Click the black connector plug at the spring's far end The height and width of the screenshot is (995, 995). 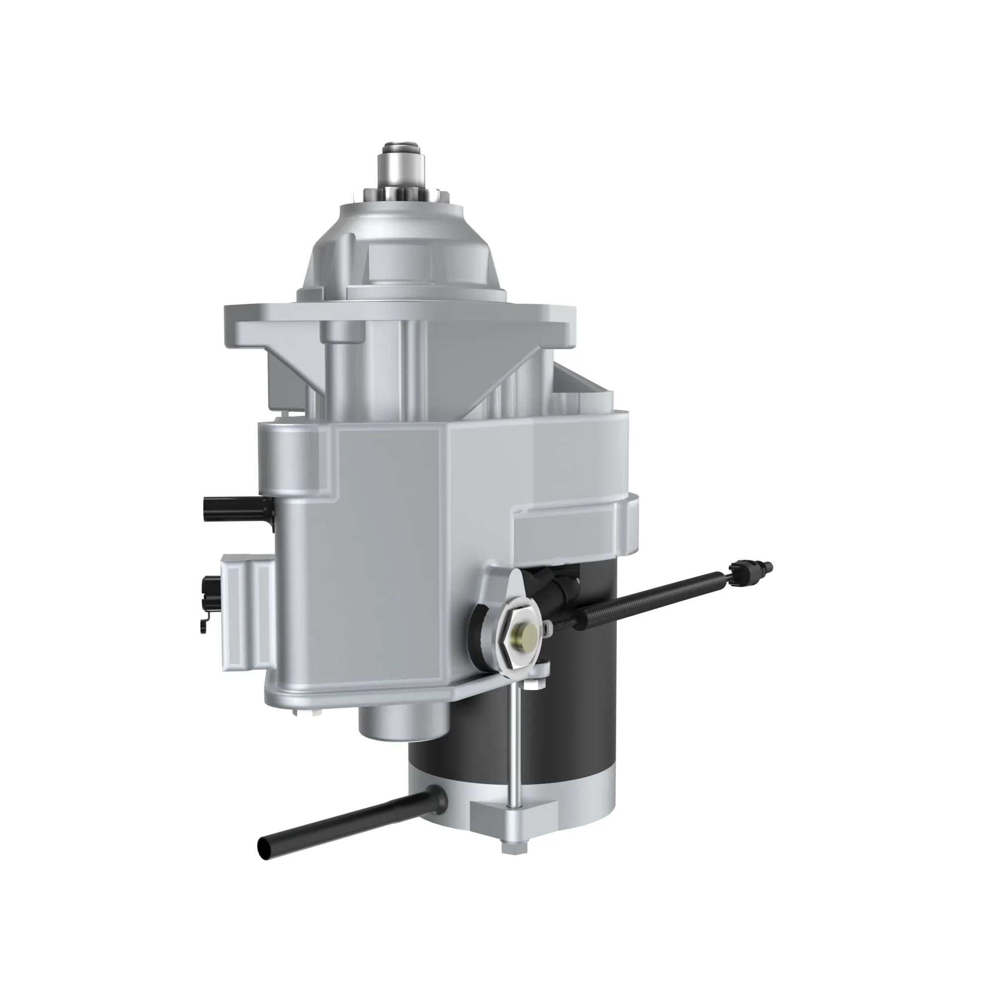[x=749, y=567]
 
